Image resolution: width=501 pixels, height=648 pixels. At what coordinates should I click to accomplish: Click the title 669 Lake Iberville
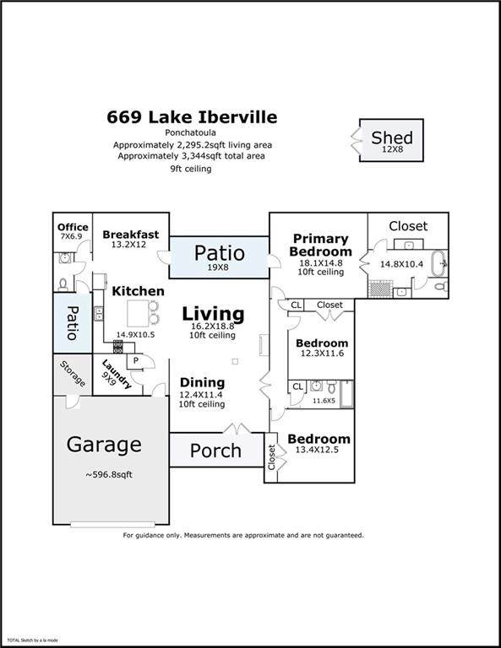[192, 117]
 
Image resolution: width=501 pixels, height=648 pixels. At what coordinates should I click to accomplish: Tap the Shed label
[392, 138]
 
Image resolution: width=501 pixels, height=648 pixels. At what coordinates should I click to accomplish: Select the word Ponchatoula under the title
[190, 132]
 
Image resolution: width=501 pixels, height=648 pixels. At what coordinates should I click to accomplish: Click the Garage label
[104, 445]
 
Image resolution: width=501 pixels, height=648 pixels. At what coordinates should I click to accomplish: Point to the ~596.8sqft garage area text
[109, 474]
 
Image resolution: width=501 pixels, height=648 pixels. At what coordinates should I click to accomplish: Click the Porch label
[215, 451]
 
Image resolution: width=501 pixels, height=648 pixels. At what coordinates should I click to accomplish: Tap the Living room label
[213, 314]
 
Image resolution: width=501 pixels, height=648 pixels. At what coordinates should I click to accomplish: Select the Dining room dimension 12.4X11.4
[202, 394]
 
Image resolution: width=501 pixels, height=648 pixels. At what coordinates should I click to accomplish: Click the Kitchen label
[138, 291]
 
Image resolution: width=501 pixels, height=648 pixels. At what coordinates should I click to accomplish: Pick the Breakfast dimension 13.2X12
[128, 244]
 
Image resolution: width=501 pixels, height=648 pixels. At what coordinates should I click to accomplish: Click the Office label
[73, 227]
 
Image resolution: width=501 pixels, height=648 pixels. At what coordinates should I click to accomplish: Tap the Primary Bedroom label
[321, 245]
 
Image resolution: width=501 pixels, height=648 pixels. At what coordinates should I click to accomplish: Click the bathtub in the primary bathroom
[439, 263]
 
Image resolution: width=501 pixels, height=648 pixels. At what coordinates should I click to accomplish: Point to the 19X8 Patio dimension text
[218, 267]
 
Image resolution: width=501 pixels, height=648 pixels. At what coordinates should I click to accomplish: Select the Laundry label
[117, 375]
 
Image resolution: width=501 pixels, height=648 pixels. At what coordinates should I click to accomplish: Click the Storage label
[73, 374]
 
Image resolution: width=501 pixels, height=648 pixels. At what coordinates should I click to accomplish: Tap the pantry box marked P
[135, 361]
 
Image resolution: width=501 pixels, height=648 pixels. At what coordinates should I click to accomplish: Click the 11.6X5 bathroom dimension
[324, 401]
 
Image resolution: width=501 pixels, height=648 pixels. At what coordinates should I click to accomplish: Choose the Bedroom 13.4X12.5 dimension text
[317, 450]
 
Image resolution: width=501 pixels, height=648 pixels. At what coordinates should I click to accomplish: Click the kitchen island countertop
[138, 313]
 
